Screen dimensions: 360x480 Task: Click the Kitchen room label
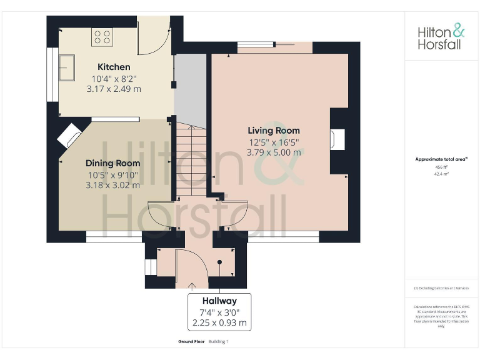[114, 67]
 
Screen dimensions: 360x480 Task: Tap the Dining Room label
[113, 163]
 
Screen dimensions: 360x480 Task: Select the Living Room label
[274, 131]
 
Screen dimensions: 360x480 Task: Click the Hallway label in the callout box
[219, 301]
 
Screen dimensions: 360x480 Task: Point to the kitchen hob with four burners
[101, 36]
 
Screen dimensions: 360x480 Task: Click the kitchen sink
[67, 68]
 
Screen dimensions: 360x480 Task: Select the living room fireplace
[338, 140]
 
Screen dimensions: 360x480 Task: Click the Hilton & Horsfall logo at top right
[441, 36]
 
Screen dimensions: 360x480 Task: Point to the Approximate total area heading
[441, 159]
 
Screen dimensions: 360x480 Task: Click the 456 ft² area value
[442, 167]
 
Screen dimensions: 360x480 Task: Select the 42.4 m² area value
[442, 174]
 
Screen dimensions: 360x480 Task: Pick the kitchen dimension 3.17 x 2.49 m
[114, 89]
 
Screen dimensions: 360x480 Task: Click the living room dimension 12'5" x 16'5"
[274, 142]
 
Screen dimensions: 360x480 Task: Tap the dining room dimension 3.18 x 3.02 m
[113, 185]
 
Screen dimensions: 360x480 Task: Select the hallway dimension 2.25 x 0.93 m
[219, 323]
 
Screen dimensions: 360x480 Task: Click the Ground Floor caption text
[191, 342]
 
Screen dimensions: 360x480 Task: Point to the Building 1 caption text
[219, 342]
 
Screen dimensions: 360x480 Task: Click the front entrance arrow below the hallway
[191, 286]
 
